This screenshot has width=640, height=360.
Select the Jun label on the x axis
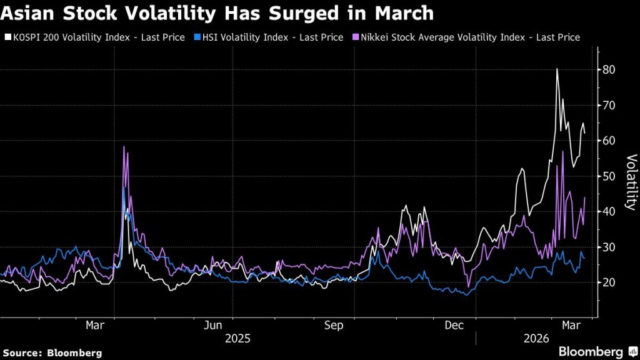pos(214,325)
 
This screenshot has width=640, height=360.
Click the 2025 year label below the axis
pos(237,339)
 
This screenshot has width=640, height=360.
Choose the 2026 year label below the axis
pos(535,339)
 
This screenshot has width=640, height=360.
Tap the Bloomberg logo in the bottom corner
pos(591,352)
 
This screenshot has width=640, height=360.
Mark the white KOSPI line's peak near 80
pos(556,69)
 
